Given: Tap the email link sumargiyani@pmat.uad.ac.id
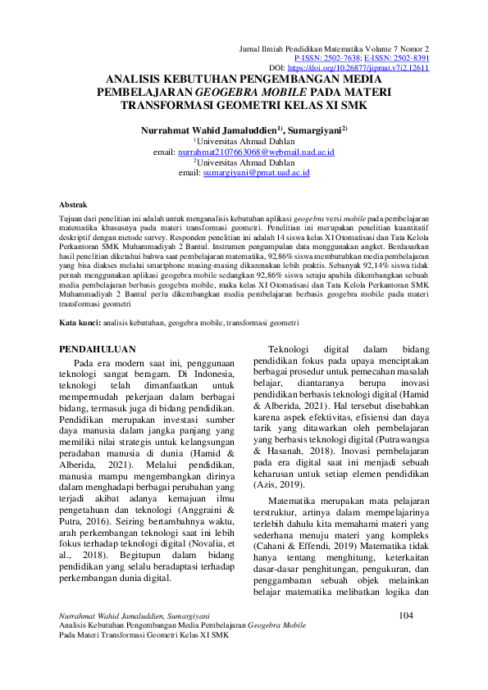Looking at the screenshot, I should click(x=256, y=174).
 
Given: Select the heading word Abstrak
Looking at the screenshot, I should click(x=76, y=203).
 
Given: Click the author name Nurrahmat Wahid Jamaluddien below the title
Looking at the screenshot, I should click(x=208, y=129).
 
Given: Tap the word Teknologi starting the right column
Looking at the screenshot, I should click(x=295, y=348).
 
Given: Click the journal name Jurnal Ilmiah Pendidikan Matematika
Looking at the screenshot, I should click(x=303, y=50).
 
